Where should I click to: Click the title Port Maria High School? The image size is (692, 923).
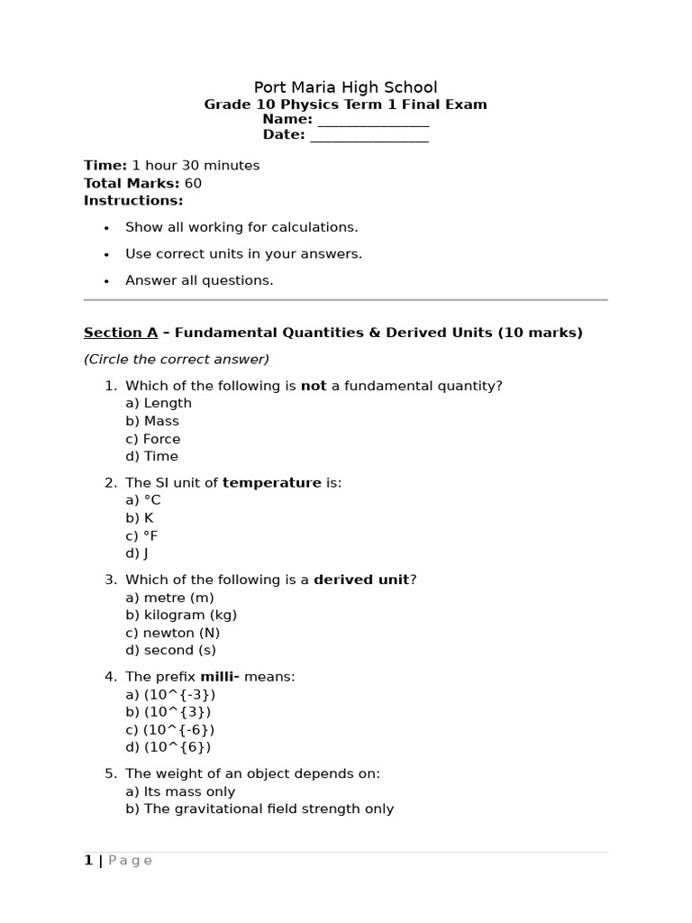point(345,87)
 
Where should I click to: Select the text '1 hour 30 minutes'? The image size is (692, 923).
point(196,166)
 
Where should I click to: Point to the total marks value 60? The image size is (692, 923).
point(193,184)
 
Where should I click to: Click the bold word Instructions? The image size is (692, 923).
point(133,201)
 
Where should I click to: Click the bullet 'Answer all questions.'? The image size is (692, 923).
point(199,280)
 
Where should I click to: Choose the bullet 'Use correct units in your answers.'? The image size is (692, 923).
point(243,254)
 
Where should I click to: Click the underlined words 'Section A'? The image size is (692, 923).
point(121,333)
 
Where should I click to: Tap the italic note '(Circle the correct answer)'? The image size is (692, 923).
point(177,360)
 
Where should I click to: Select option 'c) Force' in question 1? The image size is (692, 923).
point(153,439)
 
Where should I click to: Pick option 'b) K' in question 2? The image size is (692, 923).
point(140,518)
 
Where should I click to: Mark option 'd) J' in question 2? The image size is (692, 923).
point(137,553)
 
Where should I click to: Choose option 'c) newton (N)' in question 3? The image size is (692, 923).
point(172,633)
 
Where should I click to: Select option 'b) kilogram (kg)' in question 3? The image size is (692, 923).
point(181,616)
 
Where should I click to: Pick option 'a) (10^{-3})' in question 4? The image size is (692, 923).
point(170,695)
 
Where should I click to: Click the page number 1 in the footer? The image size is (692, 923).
point(88,861)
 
